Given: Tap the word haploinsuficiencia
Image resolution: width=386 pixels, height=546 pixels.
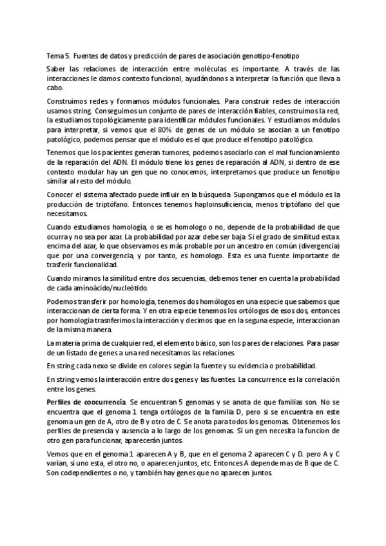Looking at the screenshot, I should (x=202, y=204).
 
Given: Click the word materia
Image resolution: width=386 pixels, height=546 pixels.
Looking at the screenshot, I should (x=72, y=343).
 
